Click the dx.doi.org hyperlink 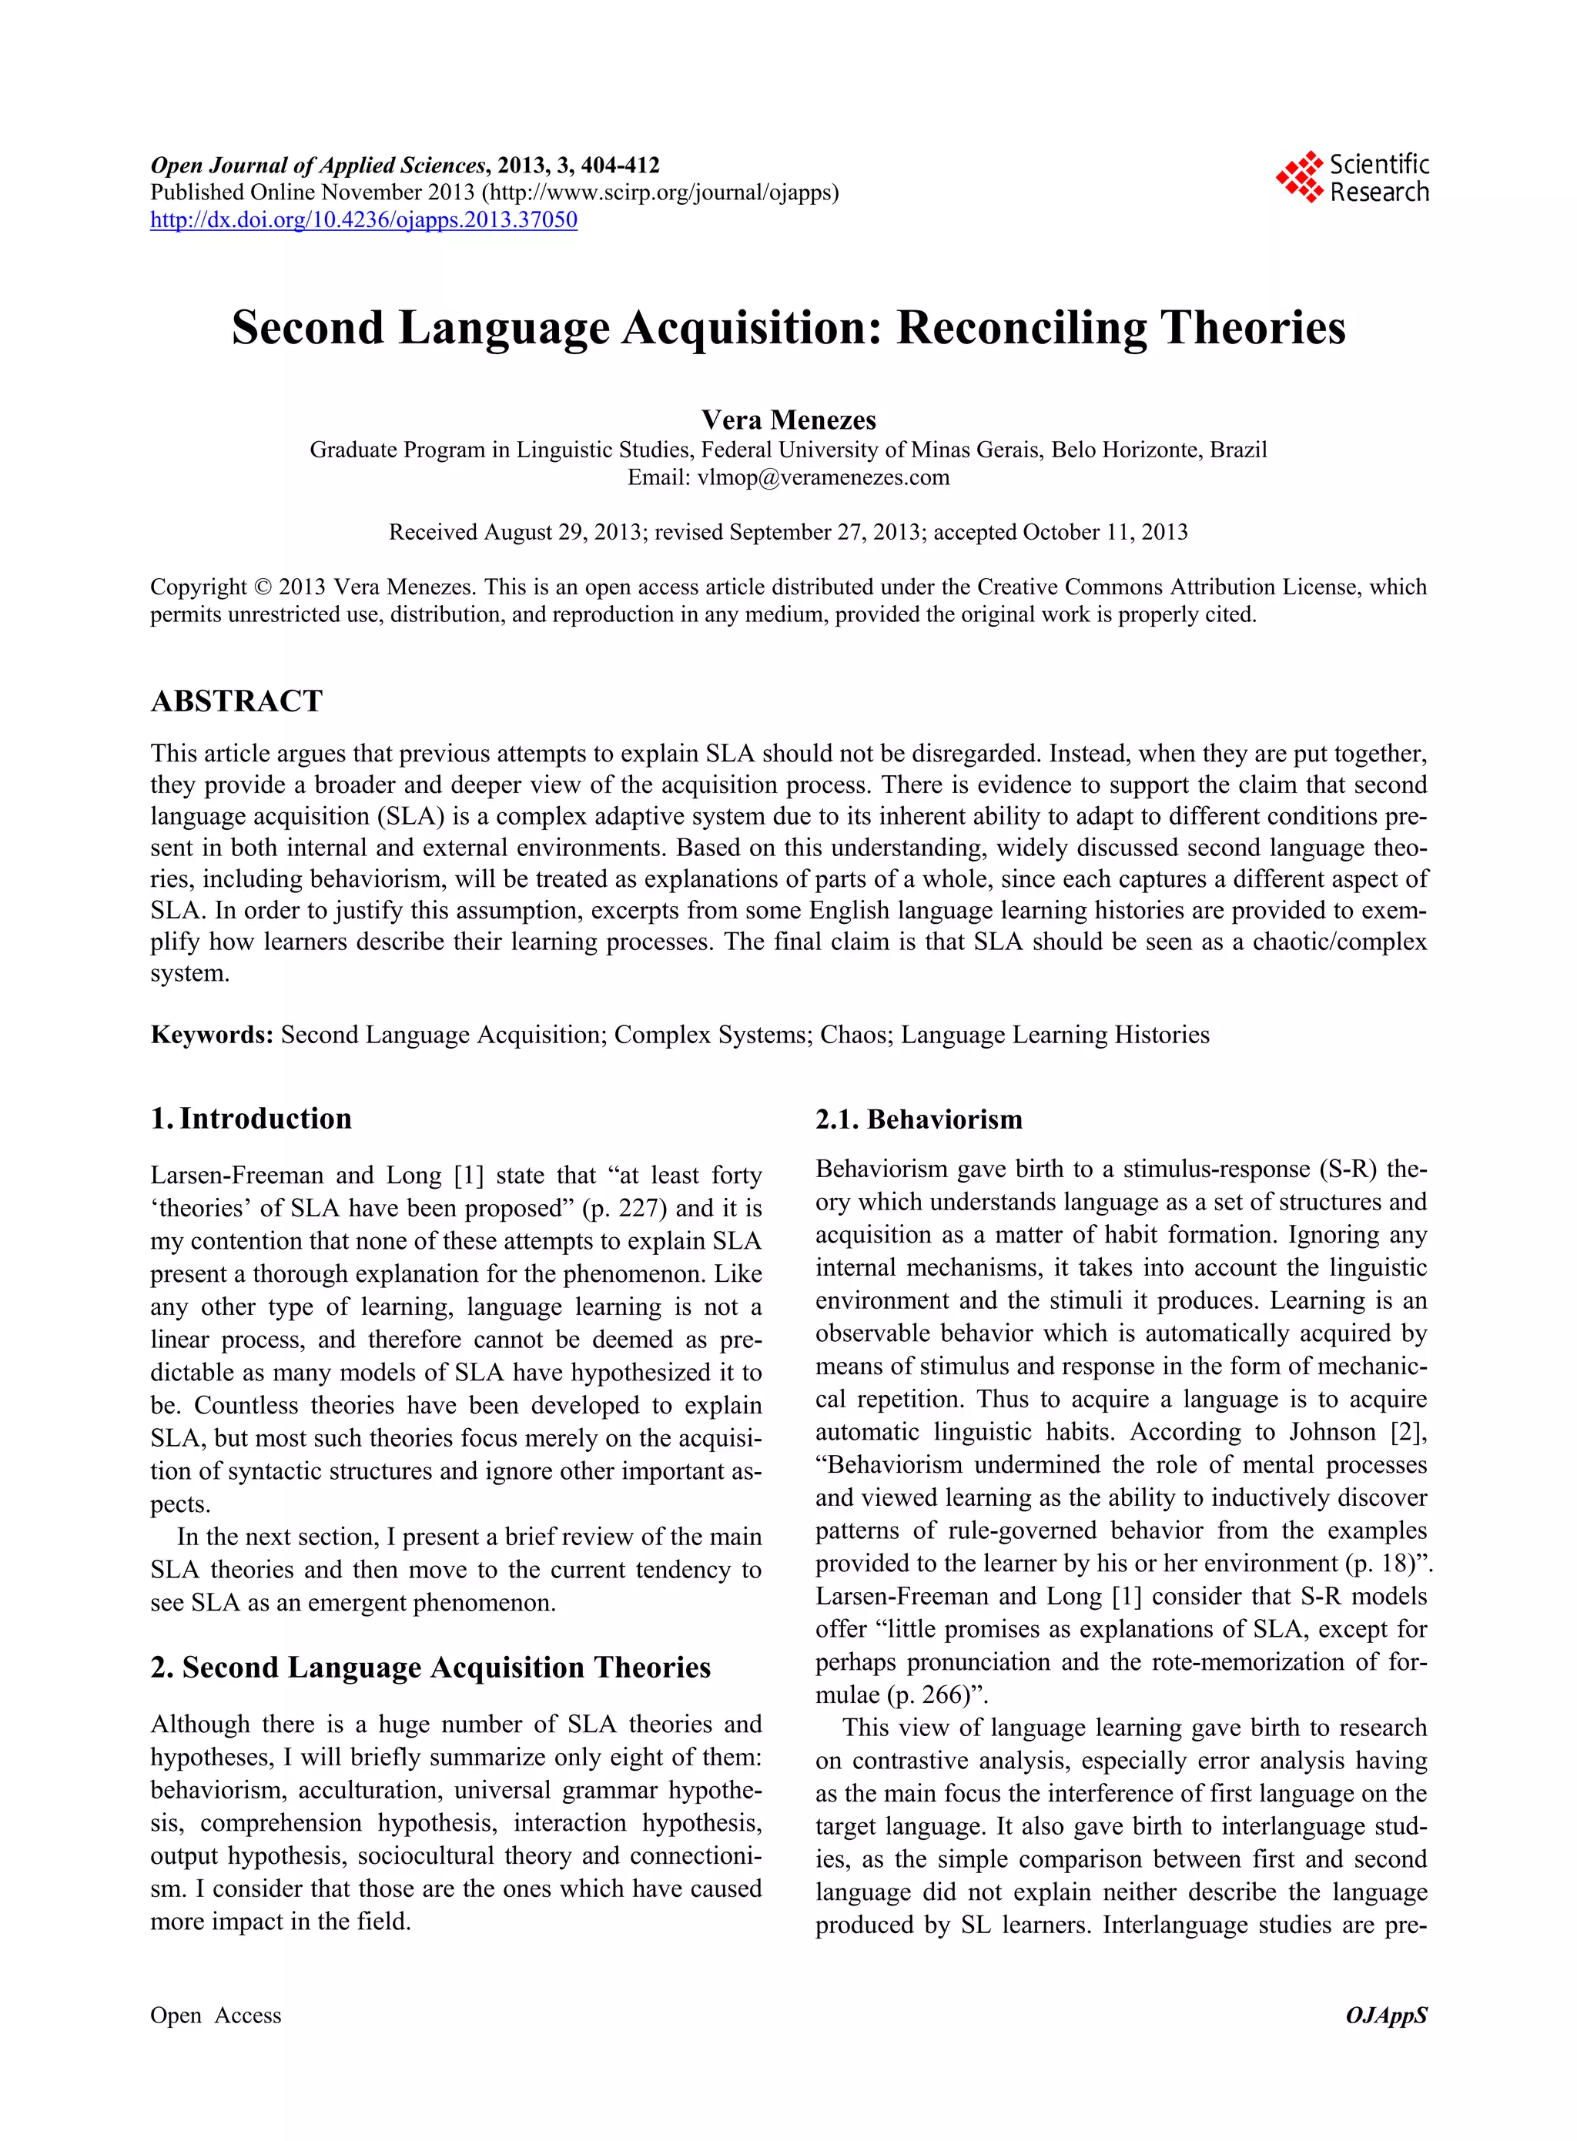click(363, 220)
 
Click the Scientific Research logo click(1351, 179)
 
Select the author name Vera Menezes click(788, 420)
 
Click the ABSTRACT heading click(236, 701)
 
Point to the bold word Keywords click(212, 1035)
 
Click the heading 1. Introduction click(251, 1118)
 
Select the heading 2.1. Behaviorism click(919, 1119)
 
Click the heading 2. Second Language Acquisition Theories click(430, 1668)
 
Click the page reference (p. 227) click(624, 1209)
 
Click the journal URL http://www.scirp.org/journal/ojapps click(661, 192)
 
